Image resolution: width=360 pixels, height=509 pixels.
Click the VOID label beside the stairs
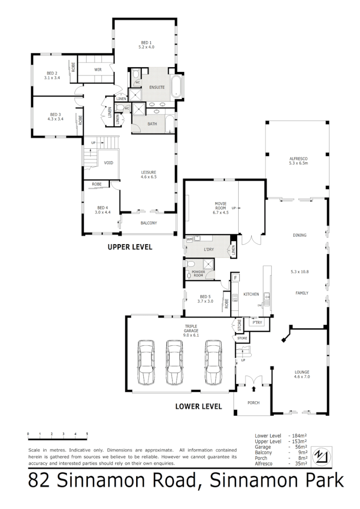tap(108, 163)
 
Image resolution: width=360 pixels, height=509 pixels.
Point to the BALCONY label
tap(148, 223)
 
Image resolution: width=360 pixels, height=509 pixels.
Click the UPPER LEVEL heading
tap(129, 247)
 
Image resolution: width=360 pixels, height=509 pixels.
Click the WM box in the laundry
tap(189, 240)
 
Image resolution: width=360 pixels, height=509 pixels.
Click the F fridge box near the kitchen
tap(236, 278)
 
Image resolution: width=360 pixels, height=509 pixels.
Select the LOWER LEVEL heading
tap(198, 406)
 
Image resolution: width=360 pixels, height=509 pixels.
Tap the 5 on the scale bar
tap(87, 434)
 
